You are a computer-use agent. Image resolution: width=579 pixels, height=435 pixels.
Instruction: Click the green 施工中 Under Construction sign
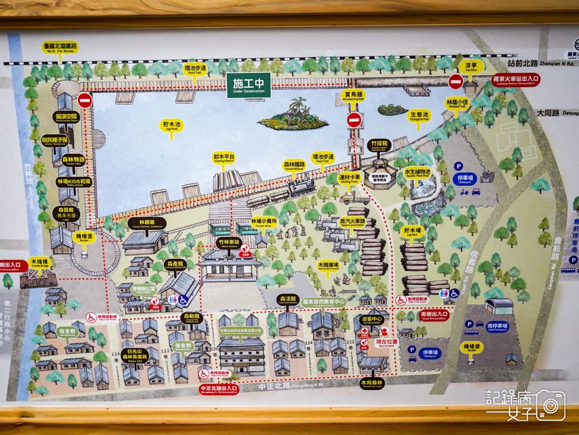point(248,86)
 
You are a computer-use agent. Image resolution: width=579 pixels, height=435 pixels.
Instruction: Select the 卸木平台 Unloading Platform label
point(224,159)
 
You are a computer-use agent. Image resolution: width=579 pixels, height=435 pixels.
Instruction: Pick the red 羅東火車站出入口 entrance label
point(515,79)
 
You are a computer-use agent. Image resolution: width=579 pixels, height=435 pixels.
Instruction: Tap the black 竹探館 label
point(379,144)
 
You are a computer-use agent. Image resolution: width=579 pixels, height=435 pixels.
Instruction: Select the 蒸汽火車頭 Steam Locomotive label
point(352,221)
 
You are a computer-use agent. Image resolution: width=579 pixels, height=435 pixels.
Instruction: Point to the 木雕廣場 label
point(330,265)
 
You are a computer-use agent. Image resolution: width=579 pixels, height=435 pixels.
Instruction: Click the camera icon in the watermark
point(550,405)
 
